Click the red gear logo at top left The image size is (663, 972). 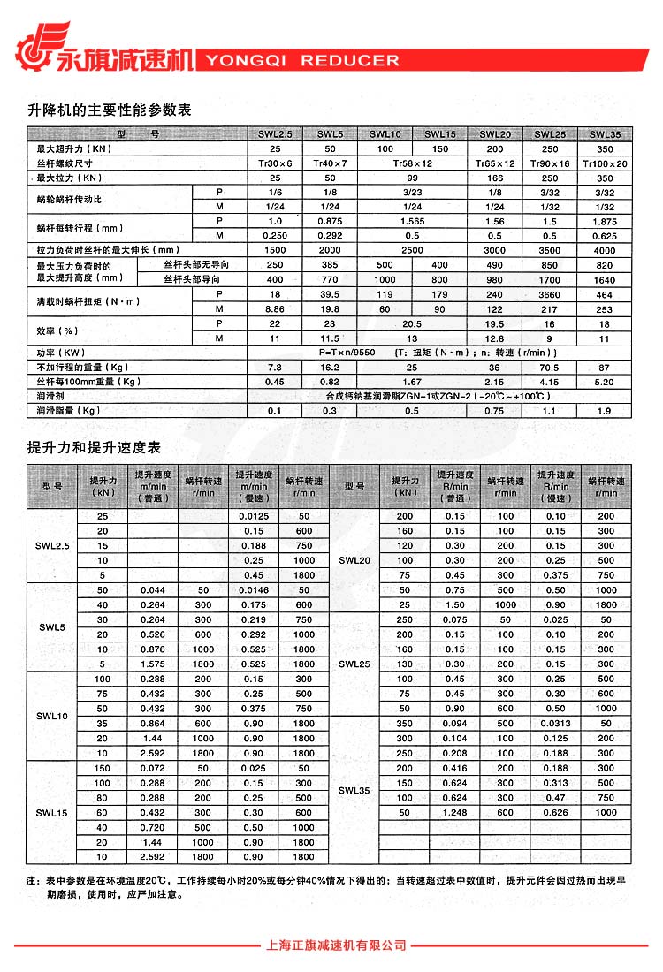(37, 44)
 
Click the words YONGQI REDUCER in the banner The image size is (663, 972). (302, 61)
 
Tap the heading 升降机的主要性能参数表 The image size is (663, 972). (110, 110)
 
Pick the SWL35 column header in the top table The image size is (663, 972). (605, 134)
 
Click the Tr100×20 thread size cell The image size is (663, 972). (605, 163)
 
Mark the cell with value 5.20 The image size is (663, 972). (605, 381)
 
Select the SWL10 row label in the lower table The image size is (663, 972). (51, 716)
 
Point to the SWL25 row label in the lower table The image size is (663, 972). (354, 664)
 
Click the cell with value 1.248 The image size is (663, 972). (455, 812)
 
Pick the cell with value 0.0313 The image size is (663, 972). (556, 723)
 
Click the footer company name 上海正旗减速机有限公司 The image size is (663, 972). (336, 945)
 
